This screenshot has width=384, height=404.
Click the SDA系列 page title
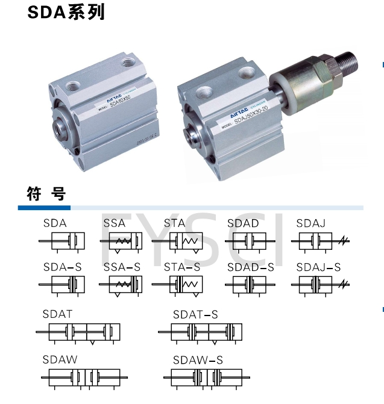point(66,13)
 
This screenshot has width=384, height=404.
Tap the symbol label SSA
point(115,223)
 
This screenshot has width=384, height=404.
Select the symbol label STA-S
point(182,267)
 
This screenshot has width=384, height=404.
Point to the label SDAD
point(243,223)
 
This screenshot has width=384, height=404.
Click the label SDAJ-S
point(318,267)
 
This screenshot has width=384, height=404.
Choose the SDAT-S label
point(195,314)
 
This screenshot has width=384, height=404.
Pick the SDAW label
point(60,359)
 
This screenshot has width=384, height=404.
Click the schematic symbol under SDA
point(62,241)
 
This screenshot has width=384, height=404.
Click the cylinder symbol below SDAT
point(78,332)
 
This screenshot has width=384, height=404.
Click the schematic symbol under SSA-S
point(124,285)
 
